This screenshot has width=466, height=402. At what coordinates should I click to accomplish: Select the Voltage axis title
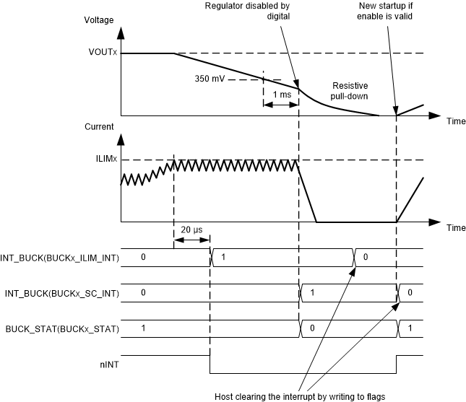(x=98, y=19)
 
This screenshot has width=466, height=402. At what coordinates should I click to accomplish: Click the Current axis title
(x=98, y=127)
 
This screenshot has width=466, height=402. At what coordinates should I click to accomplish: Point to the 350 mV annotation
(x=210, y=79)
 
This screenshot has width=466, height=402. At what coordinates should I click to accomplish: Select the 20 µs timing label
(x=192, y=229)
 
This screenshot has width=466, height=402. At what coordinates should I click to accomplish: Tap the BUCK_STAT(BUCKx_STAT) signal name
(x=60, y=329)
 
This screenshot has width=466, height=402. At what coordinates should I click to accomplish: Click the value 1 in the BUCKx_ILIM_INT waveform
(x=223, y=256)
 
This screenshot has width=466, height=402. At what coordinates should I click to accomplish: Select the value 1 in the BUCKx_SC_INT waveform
(x=311, y=293)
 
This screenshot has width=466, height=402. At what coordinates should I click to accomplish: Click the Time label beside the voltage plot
(x=455, y=121)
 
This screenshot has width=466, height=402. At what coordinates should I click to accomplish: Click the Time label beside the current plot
(x=455, y=227)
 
